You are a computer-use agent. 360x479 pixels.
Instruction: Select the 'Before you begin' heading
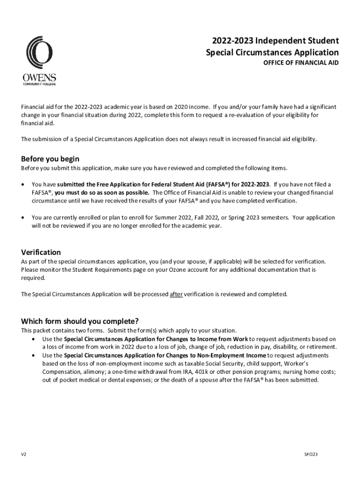(x=50, y=159)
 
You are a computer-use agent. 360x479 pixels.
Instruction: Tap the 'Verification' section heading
(x=41, y=252)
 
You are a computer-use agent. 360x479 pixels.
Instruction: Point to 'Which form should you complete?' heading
(x=79, y=321)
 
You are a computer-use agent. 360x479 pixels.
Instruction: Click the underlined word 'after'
(x=176, y=295)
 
